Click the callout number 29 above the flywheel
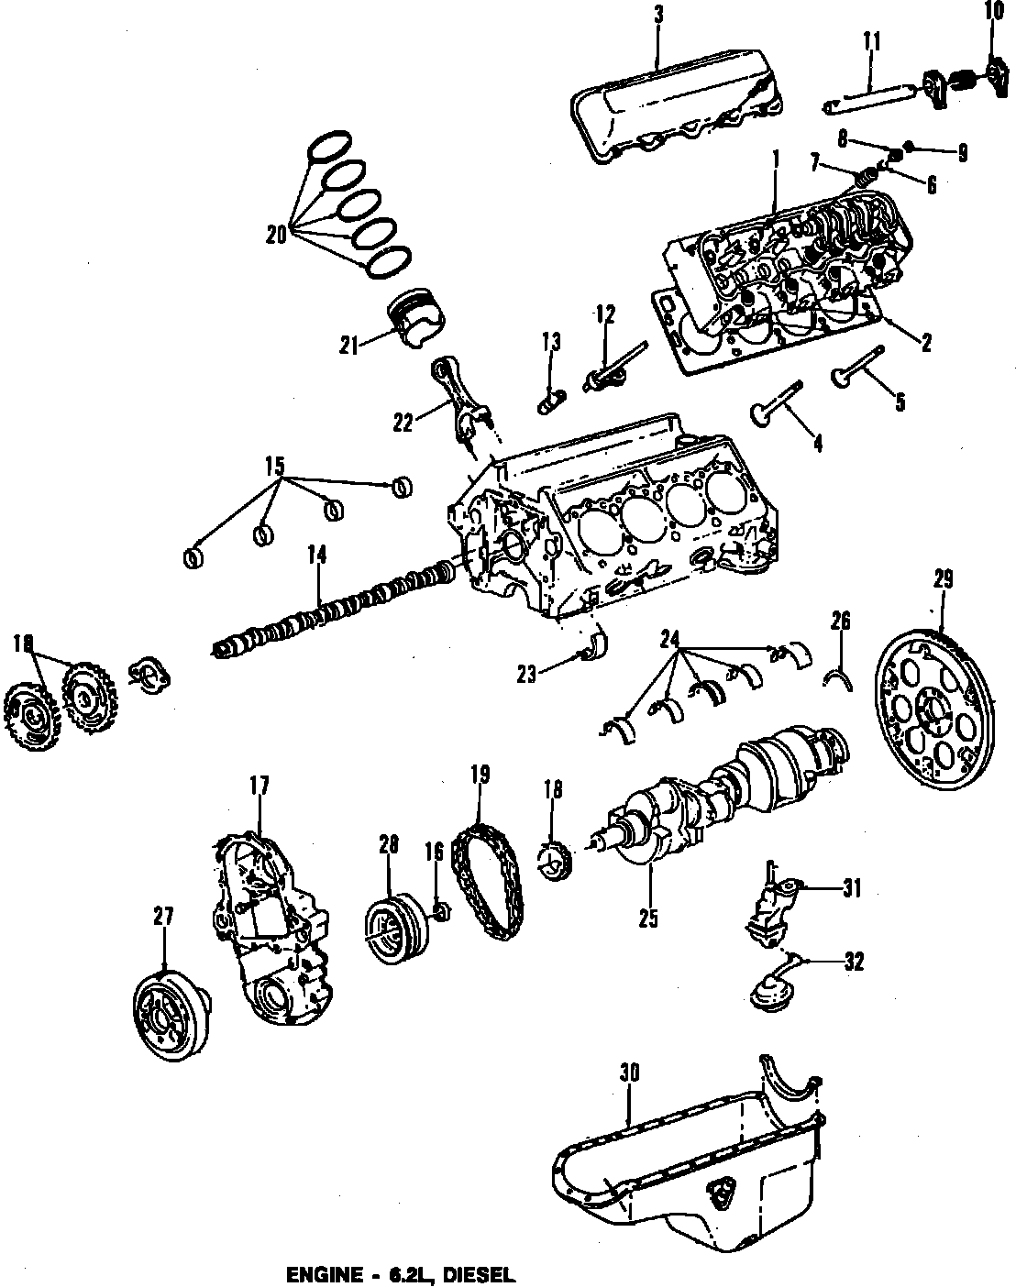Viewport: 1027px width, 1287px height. point(944,579)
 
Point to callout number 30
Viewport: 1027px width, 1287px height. point(628,1072)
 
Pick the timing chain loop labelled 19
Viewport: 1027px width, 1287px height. point(488,881)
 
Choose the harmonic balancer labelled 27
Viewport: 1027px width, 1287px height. point(170,1017)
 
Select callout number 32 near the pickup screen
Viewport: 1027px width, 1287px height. point(852,962)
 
